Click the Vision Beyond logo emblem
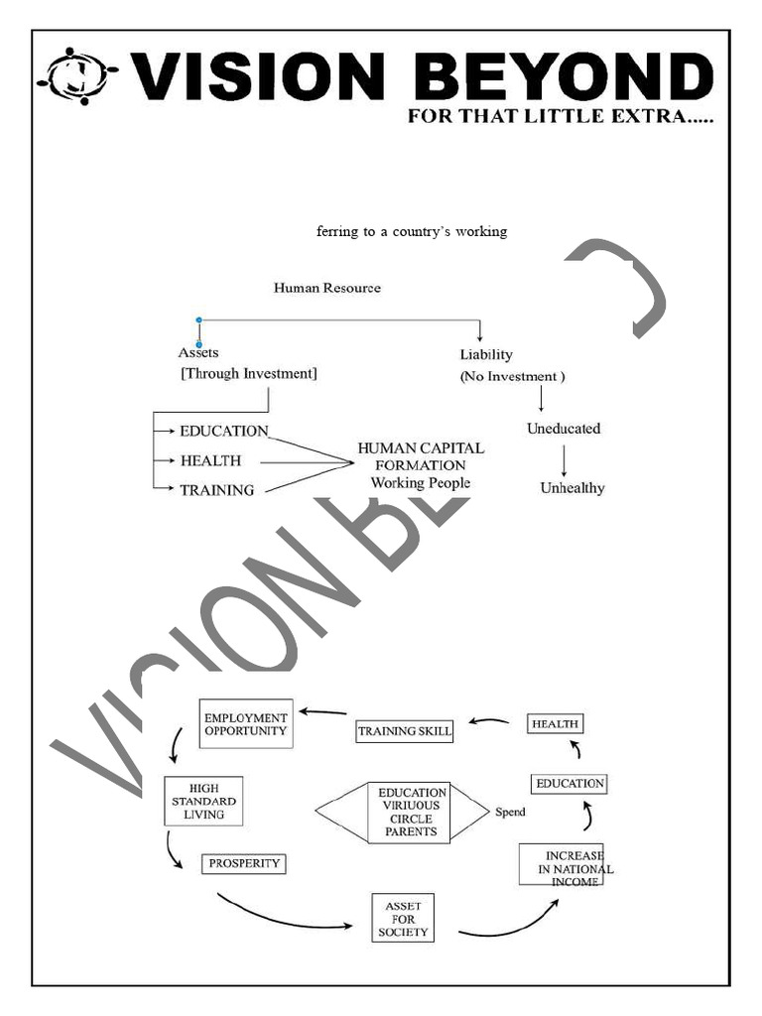click(x=77, y=75)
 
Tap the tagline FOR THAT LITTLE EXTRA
click(x=561, y=117)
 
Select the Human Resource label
click(x=326, y=288)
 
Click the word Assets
click(x=198, y=352)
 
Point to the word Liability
click(x=486, y=354)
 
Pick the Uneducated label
click(x=563, y=429)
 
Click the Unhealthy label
click(x=571, y=488)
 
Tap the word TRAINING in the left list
click(x=216, y=490)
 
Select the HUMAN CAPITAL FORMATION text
click(x=421, y=456)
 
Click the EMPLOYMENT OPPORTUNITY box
click(x=245, y=724)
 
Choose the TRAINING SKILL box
click(x=404, y=731)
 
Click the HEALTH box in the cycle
click(x=554, y=723)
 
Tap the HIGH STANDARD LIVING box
click(x=203, y=801)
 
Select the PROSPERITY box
click(x=244, y=863)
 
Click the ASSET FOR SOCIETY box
click(x=403, y=918)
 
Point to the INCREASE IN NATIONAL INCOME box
click(x=562, y=863)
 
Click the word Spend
click(x=510, y=813)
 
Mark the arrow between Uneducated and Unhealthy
click(x=564, y=460)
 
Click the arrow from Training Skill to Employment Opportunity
click(x=323, y=711)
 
